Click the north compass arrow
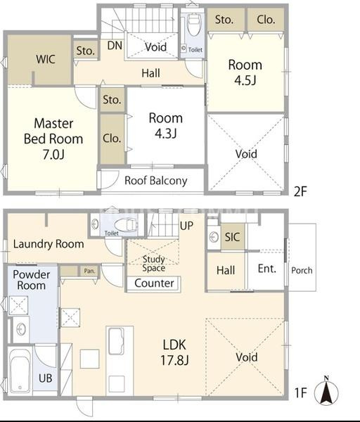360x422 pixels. (326, 391)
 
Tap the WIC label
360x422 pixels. (46, 59)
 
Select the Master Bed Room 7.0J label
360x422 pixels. (53, 139)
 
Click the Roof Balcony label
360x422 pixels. (156, 181)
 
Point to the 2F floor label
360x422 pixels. (300, 191)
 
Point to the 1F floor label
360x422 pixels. (301, 392)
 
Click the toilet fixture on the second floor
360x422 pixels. (194, 25)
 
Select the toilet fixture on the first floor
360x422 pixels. (125, 224)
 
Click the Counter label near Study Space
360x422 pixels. (154, 283)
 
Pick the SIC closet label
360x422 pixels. (232, 237)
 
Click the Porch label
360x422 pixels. (302, 270)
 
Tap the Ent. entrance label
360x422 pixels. (267, 269)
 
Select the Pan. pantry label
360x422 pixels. (89, 271)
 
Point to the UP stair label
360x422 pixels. (186, 226)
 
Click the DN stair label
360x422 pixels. (115, 46)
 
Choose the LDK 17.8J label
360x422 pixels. (174, 352)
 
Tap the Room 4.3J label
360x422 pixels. (166, 126)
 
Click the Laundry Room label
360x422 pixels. (49, 244)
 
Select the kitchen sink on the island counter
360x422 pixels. (116, 341)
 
